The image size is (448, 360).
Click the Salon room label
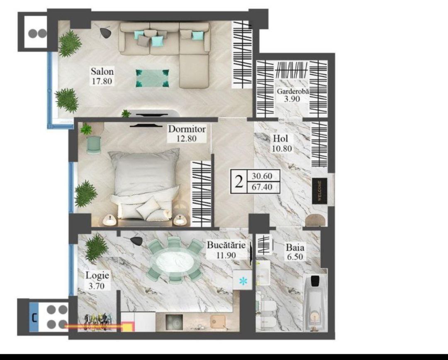(102, 71)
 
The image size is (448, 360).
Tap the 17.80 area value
(102, 81)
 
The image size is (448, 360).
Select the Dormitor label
(187, 129)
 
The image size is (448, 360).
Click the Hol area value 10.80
(282, 148)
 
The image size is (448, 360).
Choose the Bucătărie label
(226, 245)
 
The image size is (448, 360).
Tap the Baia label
(295, 247)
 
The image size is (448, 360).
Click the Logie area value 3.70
(96, 286)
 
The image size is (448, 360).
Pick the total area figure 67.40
(262, 187)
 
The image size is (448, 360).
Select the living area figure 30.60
(262, 176)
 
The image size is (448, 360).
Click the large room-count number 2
(239, 181)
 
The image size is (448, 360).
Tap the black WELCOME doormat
(319, 191)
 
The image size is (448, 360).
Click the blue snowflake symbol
(243, 282)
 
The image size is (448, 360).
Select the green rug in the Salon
(152, 78)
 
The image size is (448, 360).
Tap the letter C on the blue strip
(34, 318)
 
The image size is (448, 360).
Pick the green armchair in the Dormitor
(94, 144)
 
